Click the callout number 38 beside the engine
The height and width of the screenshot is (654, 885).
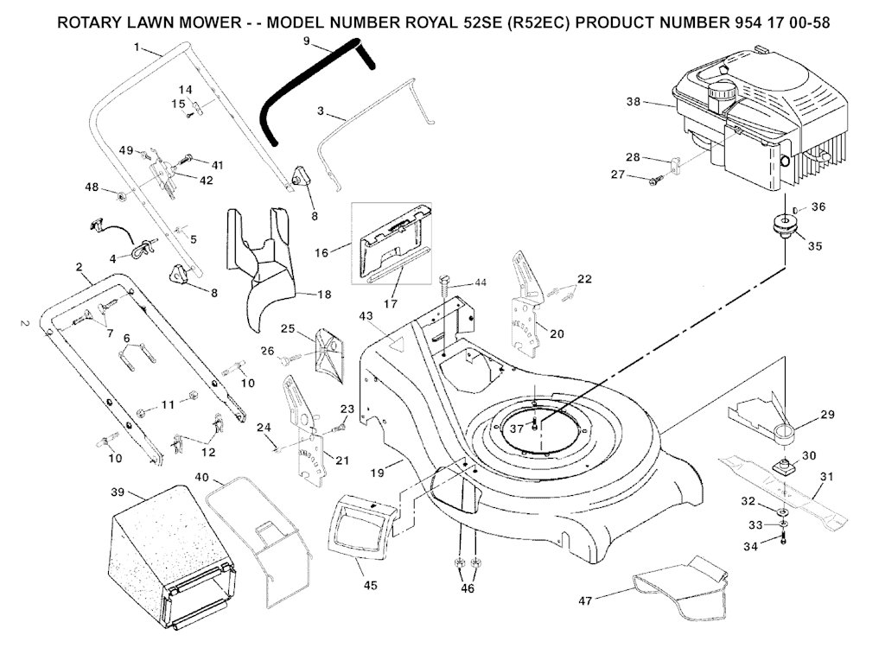(634, 101)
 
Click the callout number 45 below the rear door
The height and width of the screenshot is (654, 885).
(370, 586)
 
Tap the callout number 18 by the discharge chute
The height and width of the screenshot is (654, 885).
(323, 295)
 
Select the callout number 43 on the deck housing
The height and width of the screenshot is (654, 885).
(366, 317)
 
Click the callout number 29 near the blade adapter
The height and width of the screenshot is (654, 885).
(827, 416)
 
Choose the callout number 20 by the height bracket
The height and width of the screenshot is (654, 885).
(557, 333)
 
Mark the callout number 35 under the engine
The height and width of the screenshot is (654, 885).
(814, 245)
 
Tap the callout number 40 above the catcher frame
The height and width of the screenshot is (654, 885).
(201, 477)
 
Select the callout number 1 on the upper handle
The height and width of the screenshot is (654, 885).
(136, 48)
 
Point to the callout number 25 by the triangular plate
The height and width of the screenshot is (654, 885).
(289, 328)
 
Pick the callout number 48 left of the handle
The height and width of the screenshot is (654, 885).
(91, 187)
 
